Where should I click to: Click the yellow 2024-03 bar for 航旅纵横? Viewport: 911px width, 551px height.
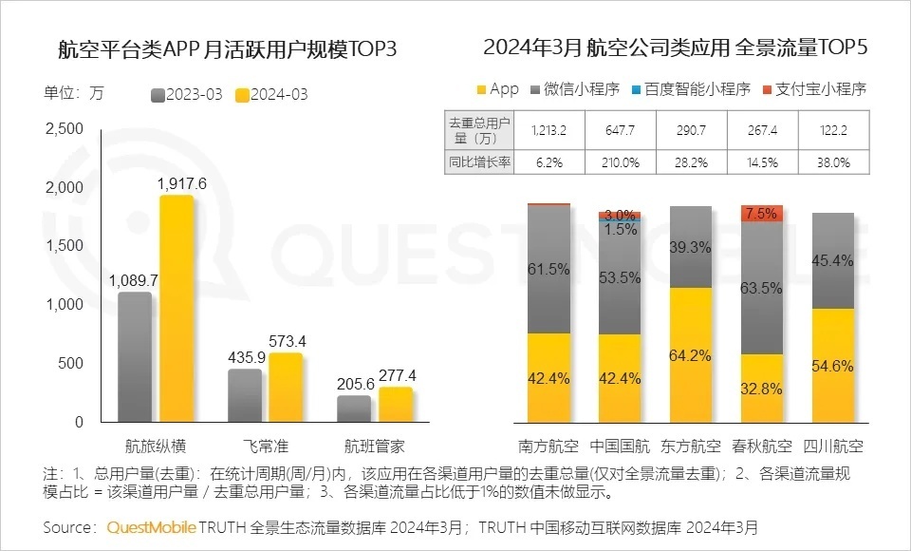(x=177, y=309)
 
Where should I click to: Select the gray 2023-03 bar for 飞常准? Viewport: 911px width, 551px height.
(x=245, y=395)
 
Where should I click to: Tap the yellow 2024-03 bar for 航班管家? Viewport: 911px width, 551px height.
(x=396, y=405)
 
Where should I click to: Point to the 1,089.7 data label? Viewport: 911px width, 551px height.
(x=133, y=280)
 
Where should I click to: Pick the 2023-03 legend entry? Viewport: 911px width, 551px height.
(x=187, y=94)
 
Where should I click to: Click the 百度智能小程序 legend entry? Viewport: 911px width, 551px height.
(x=689, y=89)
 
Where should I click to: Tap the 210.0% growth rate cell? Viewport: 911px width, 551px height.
(x=623, y=161)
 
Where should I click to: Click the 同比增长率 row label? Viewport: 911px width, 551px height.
(x=479, y=161)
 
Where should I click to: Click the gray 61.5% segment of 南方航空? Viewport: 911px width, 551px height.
(x=548, y=269)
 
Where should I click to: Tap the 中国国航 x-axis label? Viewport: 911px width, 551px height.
(x=623, y=446)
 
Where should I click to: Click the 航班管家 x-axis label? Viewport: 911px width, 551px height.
(x=376, y=446)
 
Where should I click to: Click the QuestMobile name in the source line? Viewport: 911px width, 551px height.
(x=152, y=527)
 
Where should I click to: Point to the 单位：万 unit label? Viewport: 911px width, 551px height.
(x=74, y=93)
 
